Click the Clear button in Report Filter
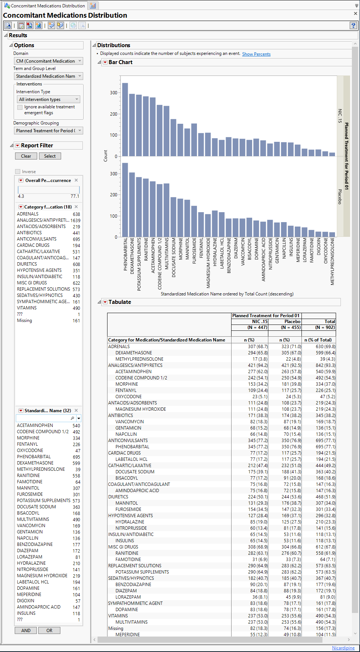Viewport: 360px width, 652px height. pyautogui.click(x=26, y=156)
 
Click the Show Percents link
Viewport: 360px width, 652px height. pyautogui.click(x=256, y=54)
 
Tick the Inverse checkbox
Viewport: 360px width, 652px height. pyautogui.click(x=18, y=172)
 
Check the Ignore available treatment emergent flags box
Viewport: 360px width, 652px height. pyautogui.click(x=20, y=107)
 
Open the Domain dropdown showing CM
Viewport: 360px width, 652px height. pyautogui.click(x=48, y=61)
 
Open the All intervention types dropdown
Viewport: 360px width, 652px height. pyautogui.click(x=49, y=99)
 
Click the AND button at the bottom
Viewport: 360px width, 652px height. pyautogui.click(x=26, y=630)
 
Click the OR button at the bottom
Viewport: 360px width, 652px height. pyautogui.click(x=49, y=630)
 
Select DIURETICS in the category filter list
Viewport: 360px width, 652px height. pyautogui.click(x=27, y=264)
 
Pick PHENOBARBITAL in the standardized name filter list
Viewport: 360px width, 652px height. pyautogui.click(x=34, y=457)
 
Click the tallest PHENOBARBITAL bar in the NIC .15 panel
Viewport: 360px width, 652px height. pyautogui.click(x=125, y=120)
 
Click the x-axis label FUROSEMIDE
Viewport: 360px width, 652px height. pyautogui.click(x=194, y=250)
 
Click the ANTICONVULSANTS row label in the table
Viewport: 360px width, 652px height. pyautogui.click(x=128, y=441)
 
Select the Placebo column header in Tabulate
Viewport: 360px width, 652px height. pyautogui.click(x=292, y=322)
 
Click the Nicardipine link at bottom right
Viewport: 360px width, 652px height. pyautogui.click(x=343, y=648)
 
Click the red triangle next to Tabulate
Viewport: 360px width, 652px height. pyautogui.click(x=105, y=302)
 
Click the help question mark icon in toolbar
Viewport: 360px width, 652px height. pyautogui.click(x=353, y=25)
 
